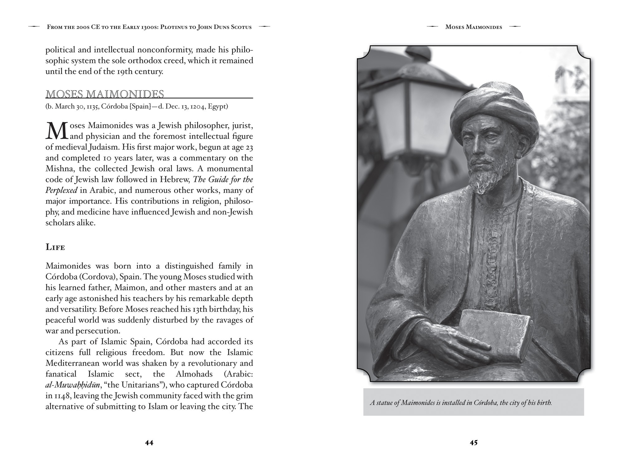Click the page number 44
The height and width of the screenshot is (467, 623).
[149, 443]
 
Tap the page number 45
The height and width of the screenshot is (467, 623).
[473, 443]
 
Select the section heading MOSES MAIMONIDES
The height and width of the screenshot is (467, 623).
[105, 94]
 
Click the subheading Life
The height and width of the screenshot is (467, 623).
[55, 247]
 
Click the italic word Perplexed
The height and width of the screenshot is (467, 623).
[61, 190]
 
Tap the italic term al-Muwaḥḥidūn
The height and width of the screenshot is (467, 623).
[73, 385]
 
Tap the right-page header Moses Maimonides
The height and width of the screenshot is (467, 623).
[473, 27]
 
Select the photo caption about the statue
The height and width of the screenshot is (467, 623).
[461, 403]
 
